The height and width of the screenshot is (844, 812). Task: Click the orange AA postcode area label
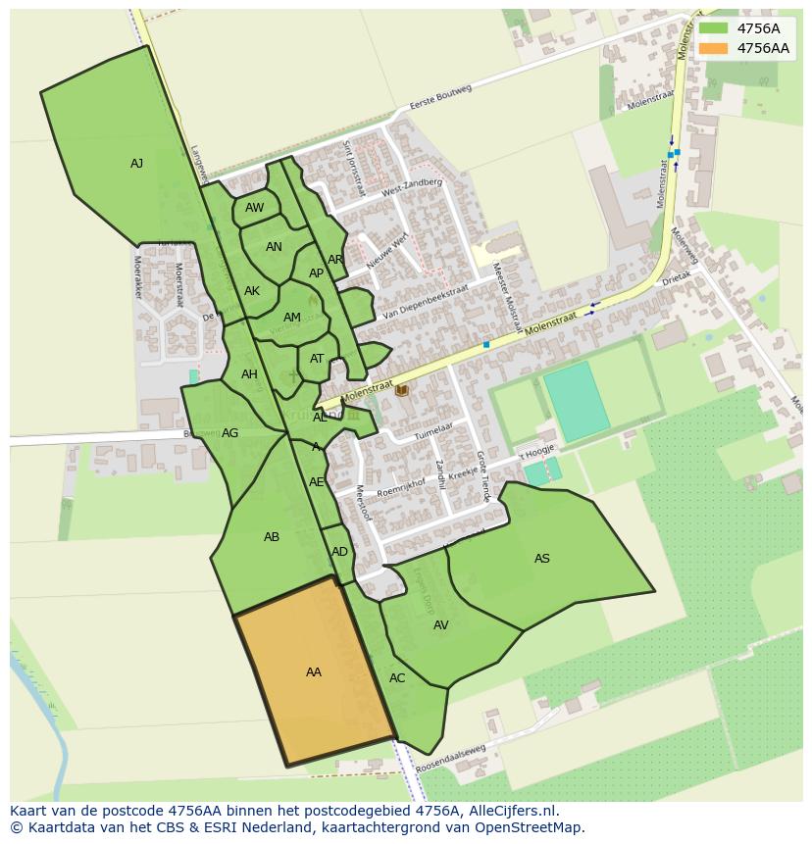tap(314, 672)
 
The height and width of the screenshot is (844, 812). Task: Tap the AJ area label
tap(137, 164)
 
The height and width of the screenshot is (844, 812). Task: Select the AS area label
tap(542, 559)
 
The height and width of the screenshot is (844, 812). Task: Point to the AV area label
tap(441, 625)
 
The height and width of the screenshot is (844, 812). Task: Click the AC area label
tap(397, 678)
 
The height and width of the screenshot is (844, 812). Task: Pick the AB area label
tap(272, 537)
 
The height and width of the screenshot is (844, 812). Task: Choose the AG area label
tap(230, 433)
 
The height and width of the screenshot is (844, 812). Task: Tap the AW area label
tap(255, 208)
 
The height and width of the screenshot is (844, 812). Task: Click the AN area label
tap(275, 247)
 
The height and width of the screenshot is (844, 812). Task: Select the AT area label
tap(317, 359)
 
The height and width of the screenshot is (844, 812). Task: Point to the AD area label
tap(340, 552)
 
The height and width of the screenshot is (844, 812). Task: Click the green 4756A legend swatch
tap(714, 28)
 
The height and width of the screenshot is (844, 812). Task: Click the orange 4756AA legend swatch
tap(714, 48)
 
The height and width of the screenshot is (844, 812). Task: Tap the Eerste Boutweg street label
tap(441, 98)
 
